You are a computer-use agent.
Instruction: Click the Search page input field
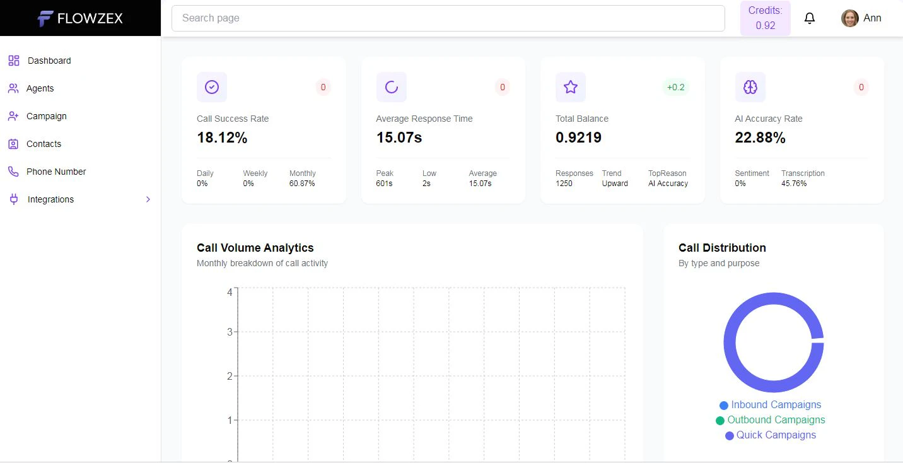(x=448, y=18)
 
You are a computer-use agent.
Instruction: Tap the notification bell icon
(x=810, y=18)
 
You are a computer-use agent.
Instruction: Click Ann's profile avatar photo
(x=849, y=18)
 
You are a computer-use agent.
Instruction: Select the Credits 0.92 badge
(x=765, y=18)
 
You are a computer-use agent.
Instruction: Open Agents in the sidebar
(x=40, y=88)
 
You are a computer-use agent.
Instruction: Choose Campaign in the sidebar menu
(x=46, y=116)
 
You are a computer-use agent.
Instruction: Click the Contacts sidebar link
(x=44, y=144)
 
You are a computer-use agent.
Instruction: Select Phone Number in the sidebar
(x=55, y=172)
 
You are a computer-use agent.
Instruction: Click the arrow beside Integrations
(x=148, y=199)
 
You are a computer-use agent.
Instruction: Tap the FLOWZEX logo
(x=80, y=18)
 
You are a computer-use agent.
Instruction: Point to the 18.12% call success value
(x=222, y=138)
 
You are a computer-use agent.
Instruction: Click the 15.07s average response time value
(x=399, y=138)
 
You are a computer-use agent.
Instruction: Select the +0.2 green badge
(x=675, y=87)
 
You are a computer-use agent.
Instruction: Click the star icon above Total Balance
(x=571, y=87)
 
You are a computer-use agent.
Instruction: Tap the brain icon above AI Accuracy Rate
(x=750, y=87)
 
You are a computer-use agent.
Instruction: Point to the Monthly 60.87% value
(x=302, y=184)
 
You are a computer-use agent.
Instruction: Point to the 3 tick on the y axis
(x=230, y=332)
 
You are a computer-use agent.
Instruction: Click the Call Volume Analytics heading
(x=255, y=248)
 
